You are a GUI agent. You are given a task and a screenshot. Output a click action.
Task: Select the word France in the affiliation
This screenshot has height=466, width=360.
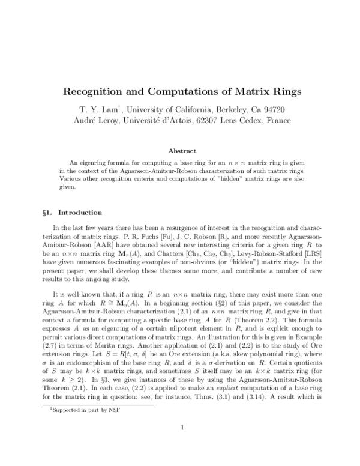(274, 120)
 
